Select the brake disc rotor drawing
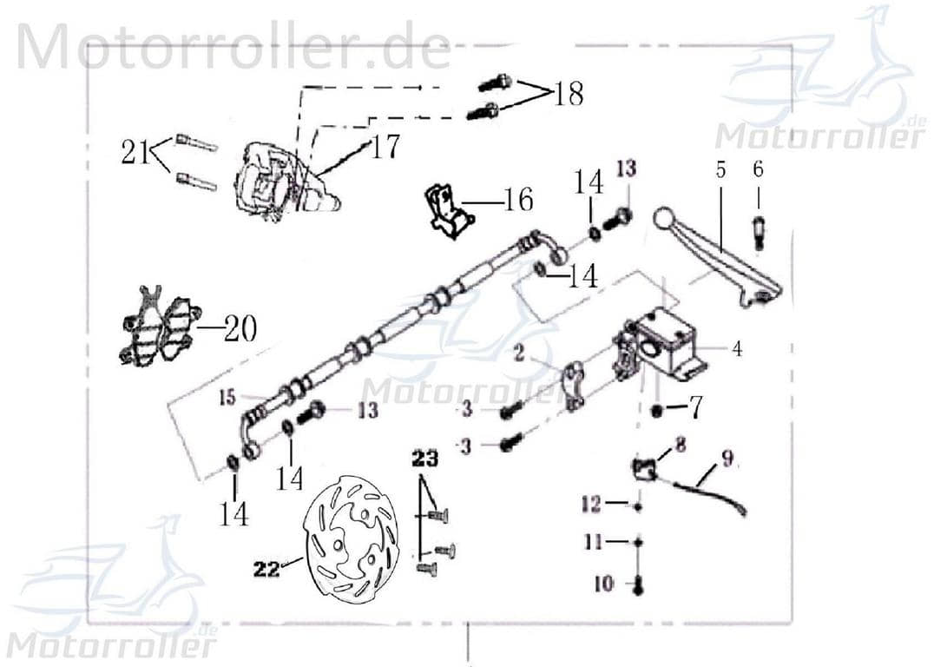click(352, 536)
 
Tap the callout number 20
click(239, 330)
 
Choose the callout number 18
click(569, 93)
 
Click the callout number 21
click(135, 154)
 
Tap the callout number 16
click(518, 201)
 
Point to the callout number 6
click(758, 169)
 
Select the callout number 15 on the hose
click(227, 399)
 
